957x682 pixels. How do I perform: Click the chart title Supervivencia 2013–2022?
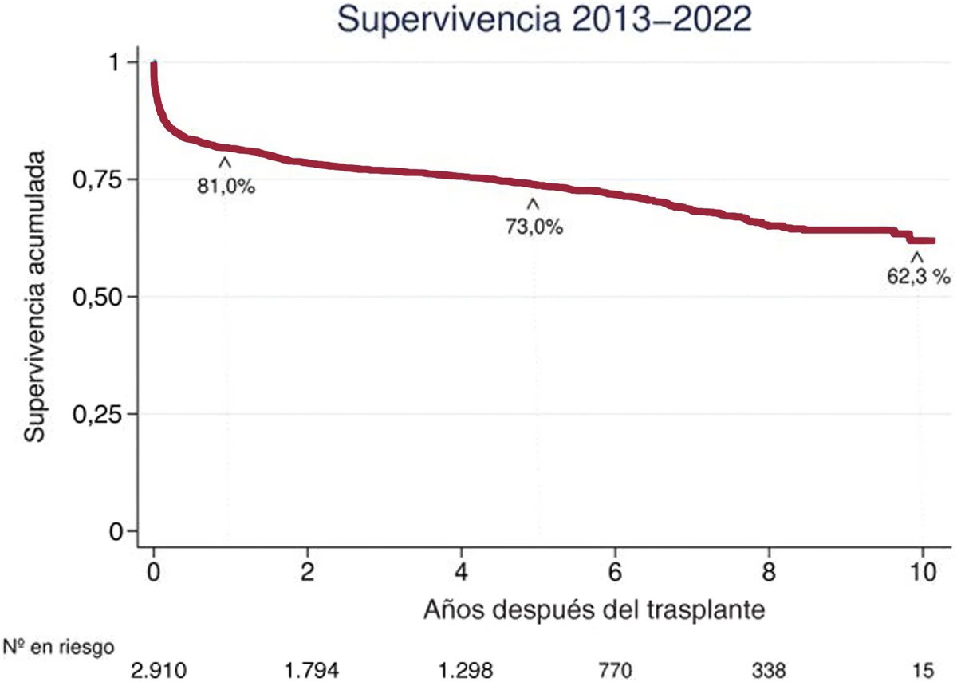(545, 19)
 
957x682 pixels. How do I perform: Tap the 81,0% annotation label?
(226, 189)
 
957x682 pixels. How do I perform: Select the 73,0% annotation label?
(534, 227)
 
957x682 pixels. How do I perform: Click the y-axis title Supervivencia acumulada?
(33, 297)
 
